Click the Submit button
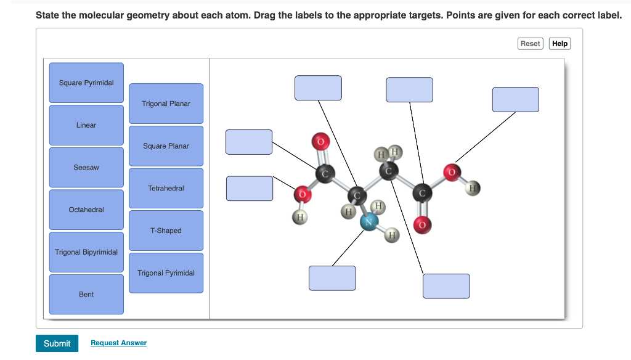57,343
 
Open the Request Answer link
118,343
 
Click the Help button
560,43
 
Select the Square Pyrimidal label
86,83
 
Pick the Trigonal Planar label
166,104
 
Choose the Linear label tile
86,125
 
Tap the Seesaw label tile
86,168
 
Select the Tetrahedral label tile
166,188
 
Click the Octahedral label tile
86,210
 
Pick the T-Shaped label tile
166,231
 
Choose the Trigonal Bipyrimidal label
86,252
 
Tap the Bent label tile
86,295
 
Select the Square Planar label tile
166,146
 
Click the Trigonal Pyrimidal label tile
166,273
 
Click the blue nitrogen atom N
369,223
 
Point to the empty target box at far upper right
515,99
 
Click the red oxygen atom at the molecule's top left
320,141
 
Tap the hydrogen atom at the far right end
473,187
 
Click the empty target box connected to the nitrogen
332,278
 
